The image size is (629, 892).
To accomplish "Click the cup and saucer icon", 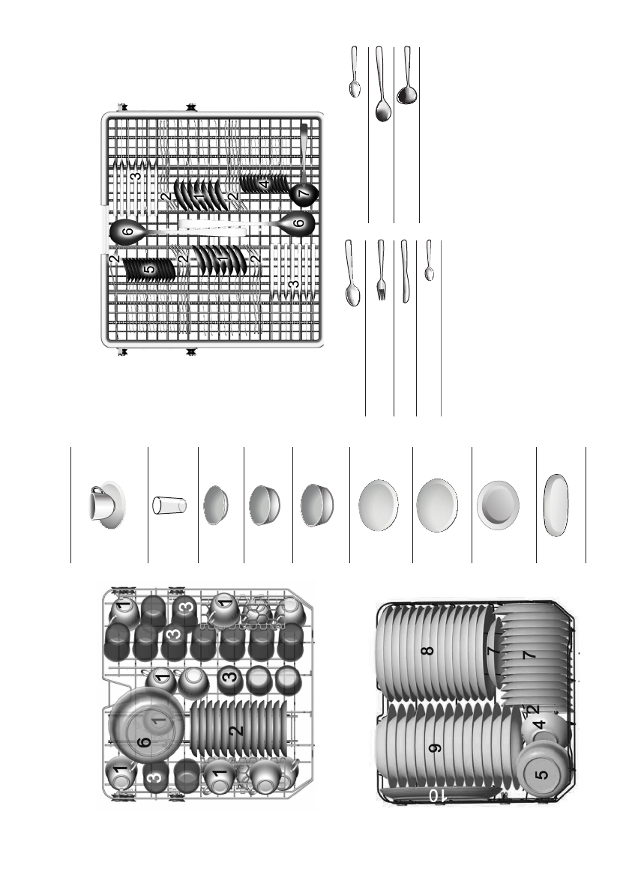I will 104,504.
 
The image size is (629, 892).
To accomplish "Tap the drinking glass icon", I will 169,505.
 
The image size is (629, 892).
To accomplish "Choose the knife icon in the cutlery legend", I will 405,271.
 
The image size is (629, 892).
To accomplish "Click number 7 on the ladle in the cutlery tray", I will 303,194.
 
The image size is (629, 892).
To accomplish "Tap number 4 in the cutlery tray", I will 265,183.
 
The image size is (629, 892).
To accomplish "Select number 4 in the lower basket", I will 538,725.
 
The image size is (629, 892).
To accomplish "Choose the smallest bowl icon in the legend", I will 217,505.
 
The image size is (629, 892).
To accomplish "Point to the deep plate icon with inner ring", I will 499,506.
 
